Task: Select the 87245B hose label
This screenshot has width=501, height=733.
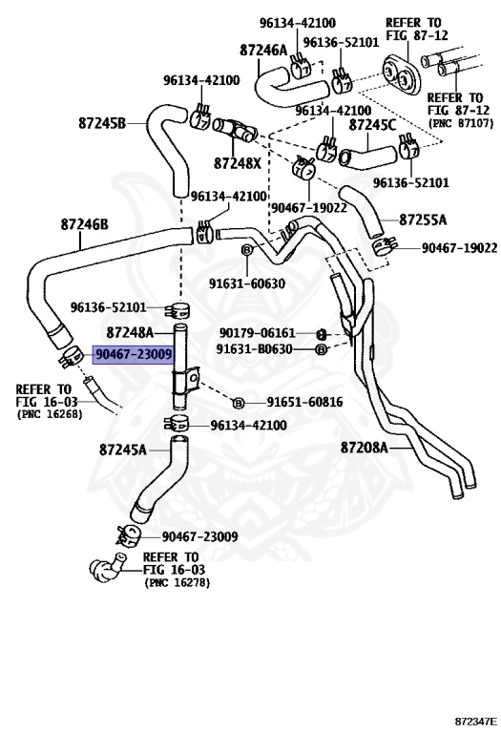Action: (103, 123)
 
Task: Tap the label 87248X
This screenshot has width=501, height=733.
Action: (238, 163)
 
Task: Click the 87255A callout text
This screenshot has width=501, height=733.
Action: (422, 220)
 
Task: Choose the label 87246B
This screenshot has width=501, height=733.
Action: (85, 224)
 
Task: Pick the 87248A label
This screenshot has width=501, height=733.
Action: (131, 333)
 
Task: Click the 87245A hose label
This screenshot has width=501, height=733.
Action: (123, 450)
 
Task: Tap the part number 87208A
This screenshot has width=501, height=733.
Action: (365, 447)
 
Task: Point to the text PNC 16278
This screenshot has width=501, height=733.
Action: (177, 581)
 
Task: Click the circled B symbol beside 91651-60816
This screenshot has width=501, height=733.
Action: (239, 403)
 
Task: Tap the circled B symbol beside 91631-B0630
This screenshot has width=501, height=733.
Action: (321, 350)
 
